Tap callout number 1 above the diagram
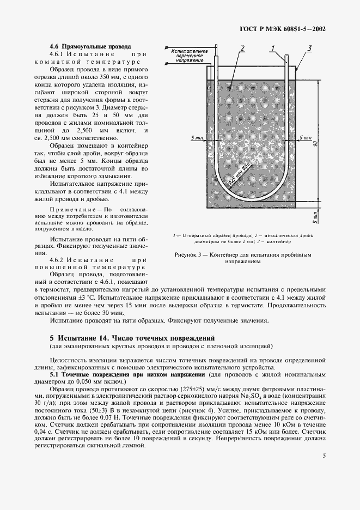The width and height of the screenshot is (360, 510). pos(271,48)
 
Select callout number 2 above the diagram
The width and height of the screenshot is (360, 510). pos(242,48)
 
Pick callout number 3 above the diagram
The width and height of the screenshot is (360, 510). pos(309,48)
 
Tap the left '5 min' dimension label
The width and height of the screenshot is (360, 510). pos(197,138)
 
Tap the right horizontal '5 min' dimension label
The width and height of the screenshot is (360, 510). pos(305,138)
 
